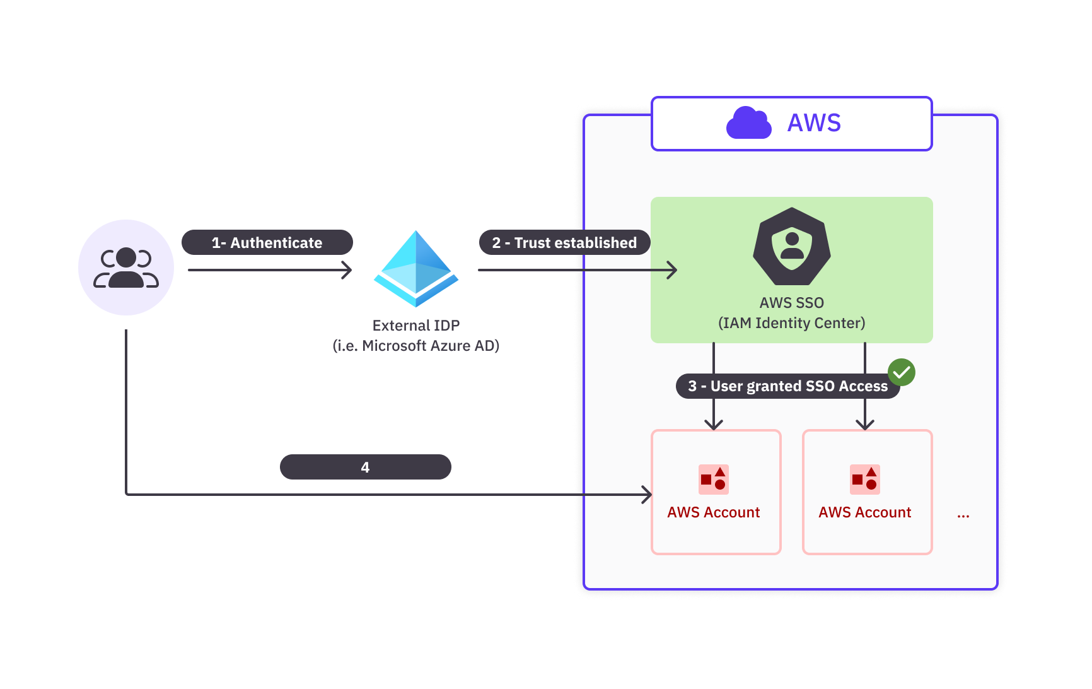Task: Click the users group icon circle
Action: pos(126,268)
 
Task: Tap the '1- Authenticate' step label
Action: pos(267,243)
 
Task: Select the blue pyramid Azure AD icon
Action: pos(416,269)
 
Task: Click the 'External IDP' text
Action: pos(416,326)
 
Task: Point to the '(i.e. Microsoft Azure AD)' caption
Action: pos(416,346)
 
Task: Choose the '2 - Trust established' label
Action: pos(564,243)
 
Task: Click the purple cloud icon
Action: pos(748,123)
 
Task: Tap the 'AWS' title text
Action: pos(814,123)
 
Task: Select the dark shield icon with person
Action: pos(792,247)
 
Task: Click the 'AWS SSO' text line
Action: pos(792,303)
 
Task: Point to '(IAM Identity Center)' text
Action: pos(792,323)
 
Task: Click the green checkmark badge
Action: pos(902,372)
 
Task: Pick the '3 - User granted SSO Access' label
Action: pos(787,386)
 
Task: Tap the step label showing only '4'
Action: pos(365,468)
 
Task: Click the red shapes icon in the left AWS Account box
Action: pos(714,480)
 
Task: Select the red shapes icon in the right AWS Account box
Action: pos(865,480)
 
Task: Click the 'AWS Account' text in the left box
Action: pos(714,512)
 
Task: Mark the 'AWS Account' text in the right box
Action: pos(865,512)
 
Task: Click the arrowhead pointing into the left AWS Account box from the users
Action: pos(647,495)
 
